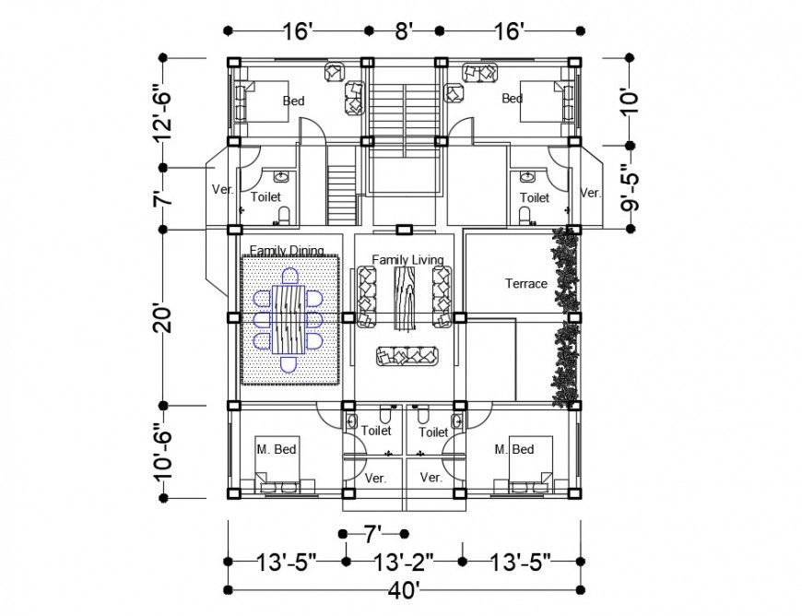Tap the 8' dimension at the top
point(402,31)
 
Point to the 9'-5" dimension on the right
point(631,188)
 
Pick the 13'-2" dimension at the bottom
point(404,561)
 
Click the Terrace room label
point(525,284)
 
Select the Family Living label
point(407,260)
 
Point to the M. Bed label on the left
point(276,450)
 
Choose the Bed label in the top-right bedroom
point(512,99)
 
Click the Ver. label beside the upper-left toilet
point(221,190)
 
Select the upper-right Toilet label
point(535,197)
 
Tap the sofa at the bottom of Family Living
point(406,356)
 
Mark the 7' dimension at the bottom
point(372,534)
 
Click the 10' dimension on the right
point(630,100)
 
